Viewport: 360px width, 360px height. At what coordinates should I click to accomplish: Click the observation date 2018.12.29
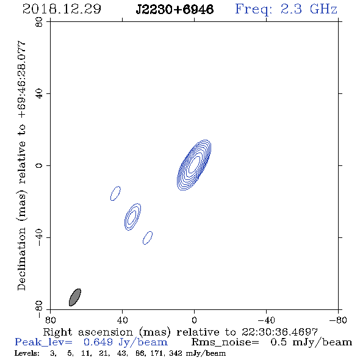[x=62, y=9]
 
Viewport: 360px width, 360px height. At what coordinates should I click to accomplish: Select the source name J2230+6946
[x=175, y=10]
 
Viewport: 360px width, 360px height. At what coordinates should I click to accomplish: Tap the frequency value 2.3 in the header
[x=291, y=9]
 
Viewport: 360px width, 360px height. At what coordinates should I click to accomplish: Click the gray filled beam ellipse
[x=75, y=297]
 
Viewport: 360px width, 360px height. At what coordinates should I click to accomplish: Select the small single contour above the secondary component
[x=115, y=193]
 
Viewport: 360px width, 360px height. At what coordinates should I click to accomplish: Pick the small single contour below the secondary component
[x=148, y=238]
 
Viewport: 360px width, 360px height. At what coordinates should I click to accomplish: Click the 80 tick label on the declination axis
[x=39, y=22]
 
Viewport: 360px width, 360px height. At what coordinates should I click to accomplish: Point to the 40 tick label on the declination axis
[x=39, y=94]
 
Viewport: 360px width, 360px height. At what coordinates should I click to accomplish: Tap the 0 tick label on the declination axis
[x=39, y=165]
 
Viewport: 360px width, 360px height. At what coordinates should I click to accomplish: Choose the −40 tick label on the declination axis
[x=39, y=237]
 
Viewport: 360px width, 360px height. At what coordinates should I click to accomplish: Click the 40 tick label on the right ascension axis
[x=122, y=320]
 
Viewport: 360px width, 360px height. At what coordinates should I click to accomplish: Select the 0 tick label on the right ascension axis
[x=194, y=320]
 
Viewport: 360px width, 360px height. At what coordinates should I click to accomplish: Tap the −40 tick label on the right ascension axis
[x=266, y=320]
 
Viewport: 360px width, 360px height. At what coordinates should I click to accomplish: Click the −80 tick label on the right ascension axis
[x=338, y=320]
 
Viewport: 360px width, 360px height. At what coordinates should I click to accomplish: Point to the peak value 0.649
[x=98, y=342]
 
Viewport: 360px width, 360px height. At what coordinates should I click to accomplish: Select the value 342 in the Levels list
[x=176, y=353]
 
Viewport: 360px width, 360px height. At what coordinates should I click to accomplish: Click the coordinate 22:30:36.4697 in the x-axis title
[x=279, y=332]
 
